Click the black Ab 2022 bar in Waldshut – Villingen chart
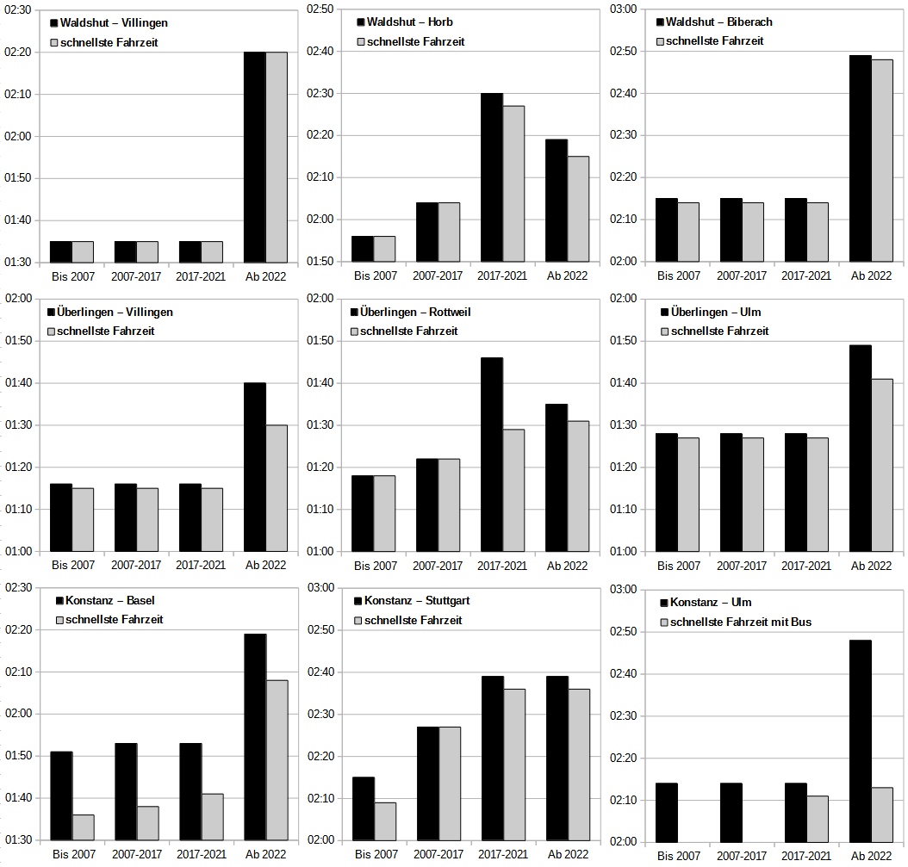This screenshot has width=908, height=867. tap(254, 157)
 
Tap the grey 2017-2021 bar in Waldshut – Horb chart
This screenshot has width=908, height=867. tap(513, 183)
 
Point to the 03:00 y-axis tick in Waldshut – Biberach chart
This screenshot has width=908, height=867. tap(623, 9)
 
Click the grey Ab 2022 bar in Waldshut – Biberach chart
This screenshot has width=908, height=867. tap(881, 160)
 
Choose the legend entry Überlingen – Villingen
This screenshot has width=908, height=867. tap(113, 312)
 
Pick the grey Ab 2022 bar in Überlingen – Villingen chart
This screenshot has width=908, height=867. tap(277, 487)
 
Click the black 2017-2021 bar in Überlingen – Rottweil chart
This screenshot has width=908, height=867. tap(492, 454)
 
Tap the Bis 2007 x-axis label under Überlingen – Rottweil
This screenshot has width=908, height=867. tap(376, 566)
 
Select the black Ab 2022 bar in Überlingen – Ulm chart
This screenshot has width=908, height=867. tap(860, 448)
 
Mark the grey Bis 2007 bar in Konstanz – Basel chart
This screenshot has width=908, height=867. tap(83, 827)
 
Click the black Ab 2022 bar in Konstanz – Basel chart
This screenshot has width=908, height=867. tap(255, 736)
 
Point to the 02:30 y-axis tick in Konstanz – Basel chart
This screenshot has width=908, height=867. tap(19, 588)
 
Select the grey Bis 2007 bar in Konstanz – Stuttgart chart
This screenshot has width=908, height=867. tap(385, 821)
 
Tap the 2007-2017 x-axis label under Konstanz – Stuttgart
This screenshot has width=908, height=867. tap(438, 855)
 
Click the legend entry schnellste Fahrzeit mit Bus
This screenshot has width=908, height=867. tap(740, 622)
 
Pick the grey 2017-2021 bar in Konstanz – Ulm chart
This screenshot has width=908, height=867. tap(817, 818)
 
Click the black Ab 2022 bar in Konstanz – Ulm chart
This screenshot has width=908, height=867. tap(860, 740)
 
